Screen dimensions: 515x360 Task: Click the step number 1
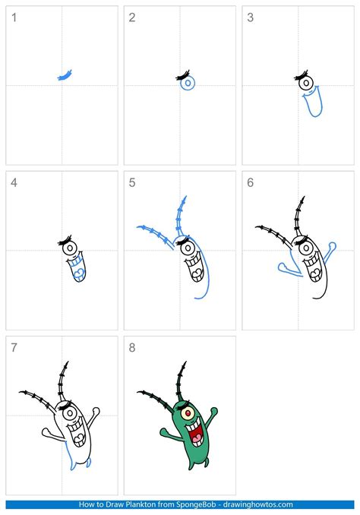pyautogui.click(x=13, y=17)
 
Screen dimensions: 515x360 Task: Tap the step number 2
pyautogui.click(x=131, y=17)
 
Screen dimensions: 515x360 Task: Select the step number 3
pyautogui.click(x=250, y=17)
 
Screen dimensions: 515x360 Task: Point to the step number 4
pyautogui.click(x=13, y=182)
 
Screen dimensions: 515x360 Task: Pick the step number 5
pyautogui.click(x=131, y=182)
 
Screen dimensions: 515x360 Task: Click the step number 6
pyautogui.click(x=250, y=182)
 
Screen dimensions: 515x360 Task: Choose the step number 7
pyautogui.click(x=13, y=347)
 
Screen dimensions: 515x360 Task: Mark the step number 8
pyautogui.click(x=131, y=347)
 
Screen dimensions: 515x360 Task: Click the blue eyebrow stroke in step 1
pyautogui.click(x=65, y=75)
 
